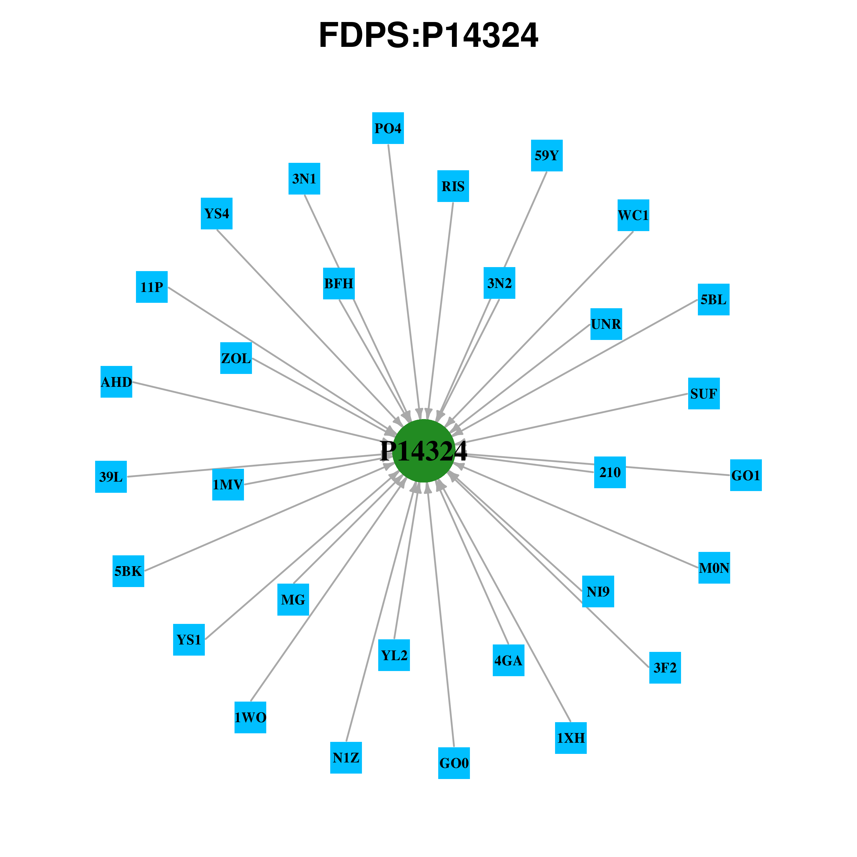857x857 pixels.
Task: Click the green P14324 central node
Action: tap(424, 451)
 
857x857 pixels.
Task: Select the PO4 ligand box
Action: tap(388, 128)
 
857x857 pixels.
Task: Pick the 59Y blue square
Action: tap(547, 156)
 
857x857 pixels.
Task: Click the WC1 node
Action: tap(633, 215)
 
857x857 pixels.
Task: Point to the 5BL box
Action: tap(714, 299)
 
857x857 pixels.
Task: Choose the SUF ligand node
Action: tap(704, 393)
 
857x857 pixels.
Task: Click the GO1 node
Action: tap(746, 475)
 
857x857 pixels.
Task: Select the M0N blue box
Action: tap(714, 568)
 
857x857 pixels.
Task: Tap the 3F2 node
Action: tap(665, 668)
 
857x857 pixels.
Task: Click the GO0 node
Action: tap(454, 763)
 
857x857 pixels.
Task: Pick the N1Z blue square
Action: tap(346, 758)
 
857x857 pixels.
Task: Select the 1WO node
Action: tap(250, 717)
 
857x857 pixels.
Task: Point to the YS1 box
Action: tap(189, 640)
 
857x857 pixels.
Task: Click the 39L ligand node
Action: tap(111, 477)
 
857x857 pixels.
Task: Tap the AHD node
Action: tap(117, 381)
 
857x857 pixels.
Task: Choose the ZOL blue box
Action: tap(236, 358)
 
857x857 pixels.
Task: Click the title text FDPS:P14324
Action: tap(428, 35)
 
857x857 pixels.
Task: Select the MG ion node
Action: tap(293, 600)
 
